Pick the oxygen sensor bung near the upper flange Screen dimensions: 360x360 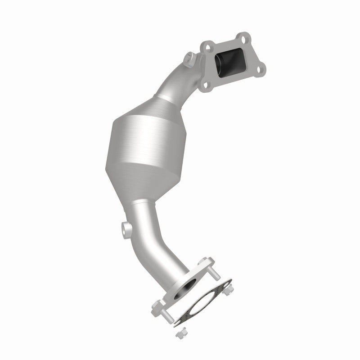point(189,58)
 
